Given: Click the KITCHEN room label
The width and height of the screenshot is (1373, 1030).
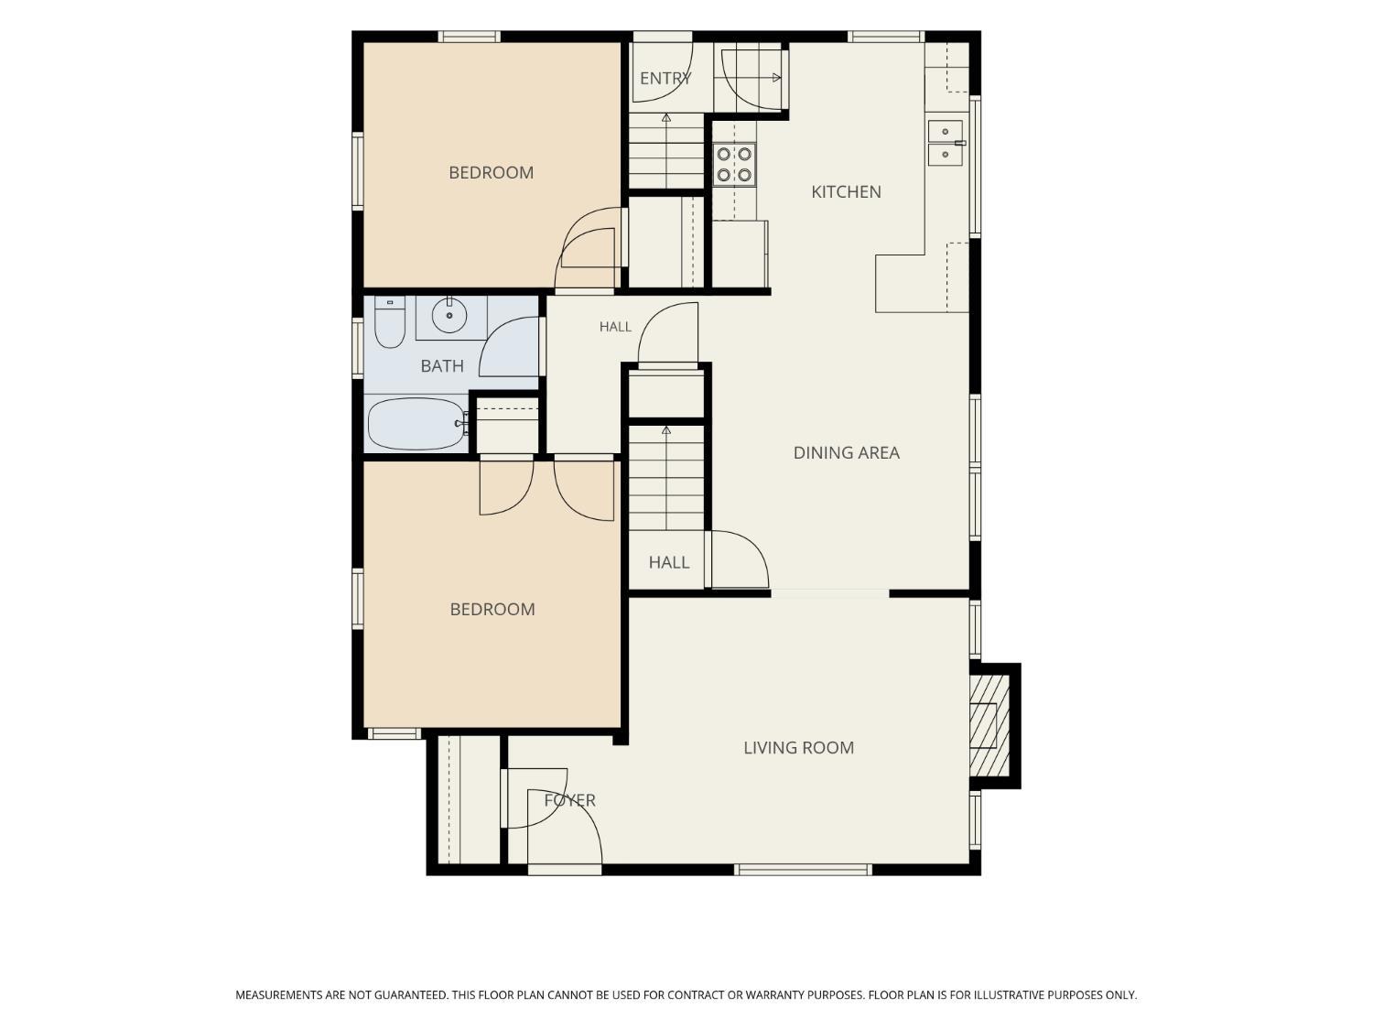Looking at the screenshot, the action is [x=846, y=192].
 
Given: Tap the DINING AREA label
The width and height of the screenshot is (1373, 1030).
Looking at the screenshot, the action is [x=847, y=453].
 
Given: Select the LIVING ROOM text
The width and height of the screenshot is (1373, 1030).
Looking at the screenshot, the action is [x=798, y=747].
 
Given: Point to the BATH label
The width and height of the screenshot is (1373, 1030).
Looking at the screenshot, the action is [x=441, y=366].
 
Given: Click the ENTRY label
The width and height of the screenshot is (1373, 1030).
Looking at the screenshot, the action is [x=665, y=79].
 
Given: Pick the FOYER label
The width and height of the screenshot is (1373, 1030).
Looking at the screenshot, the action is [x=569, y=800].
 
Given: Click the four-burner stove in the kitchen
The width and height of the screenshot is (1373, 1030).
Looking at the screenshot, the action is [x=734, y=165].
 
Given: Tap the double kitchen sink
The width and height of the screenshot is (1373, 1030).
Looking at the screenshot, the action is [x=946, y=143].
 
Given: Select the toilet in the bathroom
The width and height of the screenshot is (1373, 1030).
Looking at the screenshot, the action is [x=390, y=321].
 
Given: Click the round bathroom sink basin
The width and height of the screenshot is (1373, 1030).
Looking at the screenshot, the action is [x=449, y=315].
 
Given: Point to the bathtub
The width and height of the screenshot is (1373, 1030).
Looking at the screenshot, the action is [x=416, y=423].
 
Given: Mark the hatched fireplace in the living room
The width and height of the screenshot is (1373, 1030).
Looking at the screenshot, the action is [x=989, y=725].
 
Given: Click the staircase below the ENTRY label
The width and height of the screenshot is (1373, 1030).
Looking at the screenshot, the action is [x=666, y=150].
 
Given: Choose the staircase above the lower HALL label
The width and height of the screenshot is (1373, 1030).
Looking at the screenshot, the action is [x=666, y=478].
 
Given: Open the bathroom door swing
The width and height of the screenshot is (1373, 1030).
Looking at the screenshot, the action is [x=509, y=346].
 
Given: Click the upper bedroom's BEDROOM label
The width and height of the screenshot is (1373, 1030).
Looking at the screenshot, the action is [x=491, y=173].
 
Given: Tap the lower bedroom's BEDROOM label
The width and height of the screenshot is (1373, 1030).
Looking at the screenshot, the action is [x=492, y=609].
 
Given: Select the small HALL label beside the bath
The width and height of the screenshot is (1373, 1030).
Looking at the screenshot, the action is [x=615, y=327].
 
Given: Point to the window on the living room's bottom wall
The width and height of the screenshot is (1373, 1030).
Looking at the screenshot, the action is [x=803, y=870].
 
